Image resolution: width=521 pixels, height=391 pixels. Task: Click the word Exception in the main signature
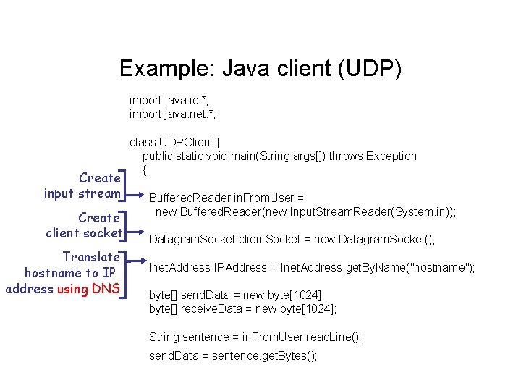click(x=391, y=156)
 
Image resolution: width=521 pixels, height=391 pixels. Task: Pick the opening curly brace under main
click(x=145, y=170)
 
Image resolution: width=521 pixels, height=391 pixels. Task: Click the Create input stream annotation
click(x=82, y=185)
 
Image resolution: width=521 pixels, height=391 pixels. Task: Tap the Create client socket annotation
click(x=83, y=225)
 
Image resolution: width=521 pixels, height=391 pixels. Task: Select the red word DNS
click(x=106, y=289)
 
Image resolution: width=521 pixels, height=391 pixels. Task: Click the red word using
click(x=72, y=289)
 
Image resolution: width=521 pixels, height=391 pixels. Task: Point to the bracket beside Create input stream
click(x=127, y=185)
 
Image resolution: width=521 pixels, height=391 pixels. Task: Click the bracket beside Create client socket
click(x=127, y=225)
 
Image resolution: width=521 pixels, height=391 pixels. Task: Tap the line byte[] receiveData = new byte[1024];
click(x=243, y=309)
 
